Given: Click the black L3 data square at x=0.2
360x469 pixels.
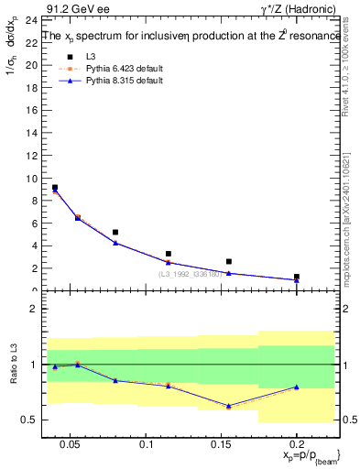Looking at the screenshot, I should pyautogui.click(x=297, y=277).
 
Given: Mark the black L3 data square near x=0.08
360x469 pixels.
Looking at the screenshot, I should pyautogui.click(x=115, y=233).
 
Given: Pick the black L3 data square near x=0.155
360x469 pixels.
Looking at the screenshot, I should pyautogui.click(x=229, y=262).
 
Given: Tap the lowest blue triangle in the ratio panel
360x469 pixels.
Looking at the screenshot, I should pyautogui.click(x=229, y=406).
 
